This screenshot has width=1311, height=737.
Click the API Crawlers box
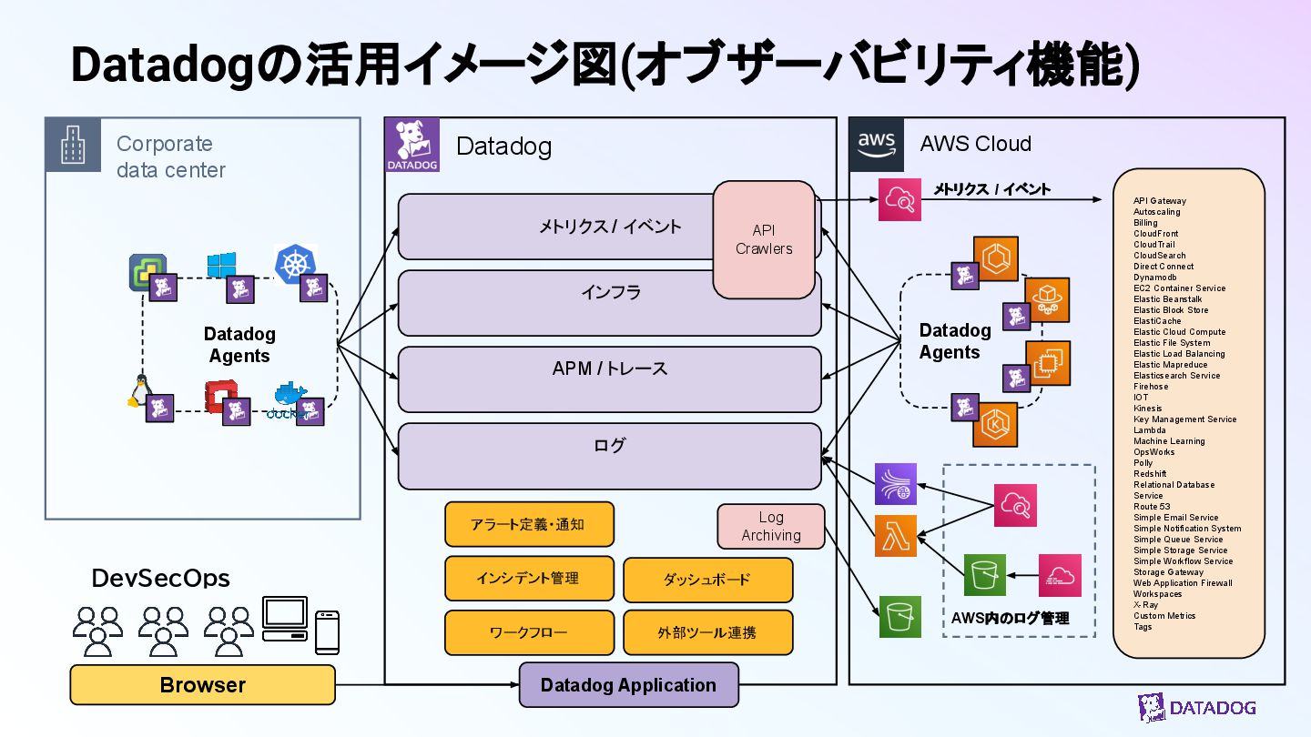click(x=764, y=239)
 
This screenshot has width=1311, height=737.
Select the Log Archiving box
click(x=771, y=527)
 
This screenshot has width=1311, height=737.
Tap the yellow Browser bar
click(x=202, y=685)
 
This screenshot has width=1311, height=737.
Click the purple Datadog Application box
click(x=628, y=685)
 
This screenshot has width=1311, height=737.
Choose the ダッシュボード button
click(x=707, y=580)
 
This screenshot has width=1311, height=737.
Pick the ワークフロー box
click(x=529, y=632)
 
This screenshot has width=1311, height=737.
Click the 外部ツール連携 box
click(x=707, y=632)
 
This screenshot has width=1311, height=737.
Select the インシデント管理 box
click(x=529, y=579)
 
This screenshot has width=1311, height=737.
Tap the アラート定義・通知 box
click(x=529, y=525)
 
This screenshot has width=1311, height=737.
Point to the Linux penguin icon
click(x=138, y=392)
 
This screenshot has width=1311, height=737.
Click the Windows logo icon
click(x=221, y=266)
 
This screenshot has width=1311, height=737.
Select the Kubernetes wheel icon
click(x=294, y=264)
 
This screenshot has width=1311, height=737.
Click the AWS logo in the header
click(x=877, y=144)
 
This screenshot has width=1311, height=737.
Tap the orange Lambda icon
click(x=896, y=535)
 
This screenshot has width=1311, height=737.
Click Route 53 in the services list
click(x=1152, y=507)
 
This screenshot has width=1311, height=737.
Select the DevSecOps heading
click(x=161, y=578)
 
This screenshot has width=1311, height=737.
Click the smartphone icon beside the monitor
click(x=327, y=631)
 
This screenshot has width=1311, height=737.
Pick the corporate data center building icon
click(x=73, y=144)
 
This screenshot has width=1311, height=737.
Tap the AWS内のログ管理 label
click(x=1010, y=619)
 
